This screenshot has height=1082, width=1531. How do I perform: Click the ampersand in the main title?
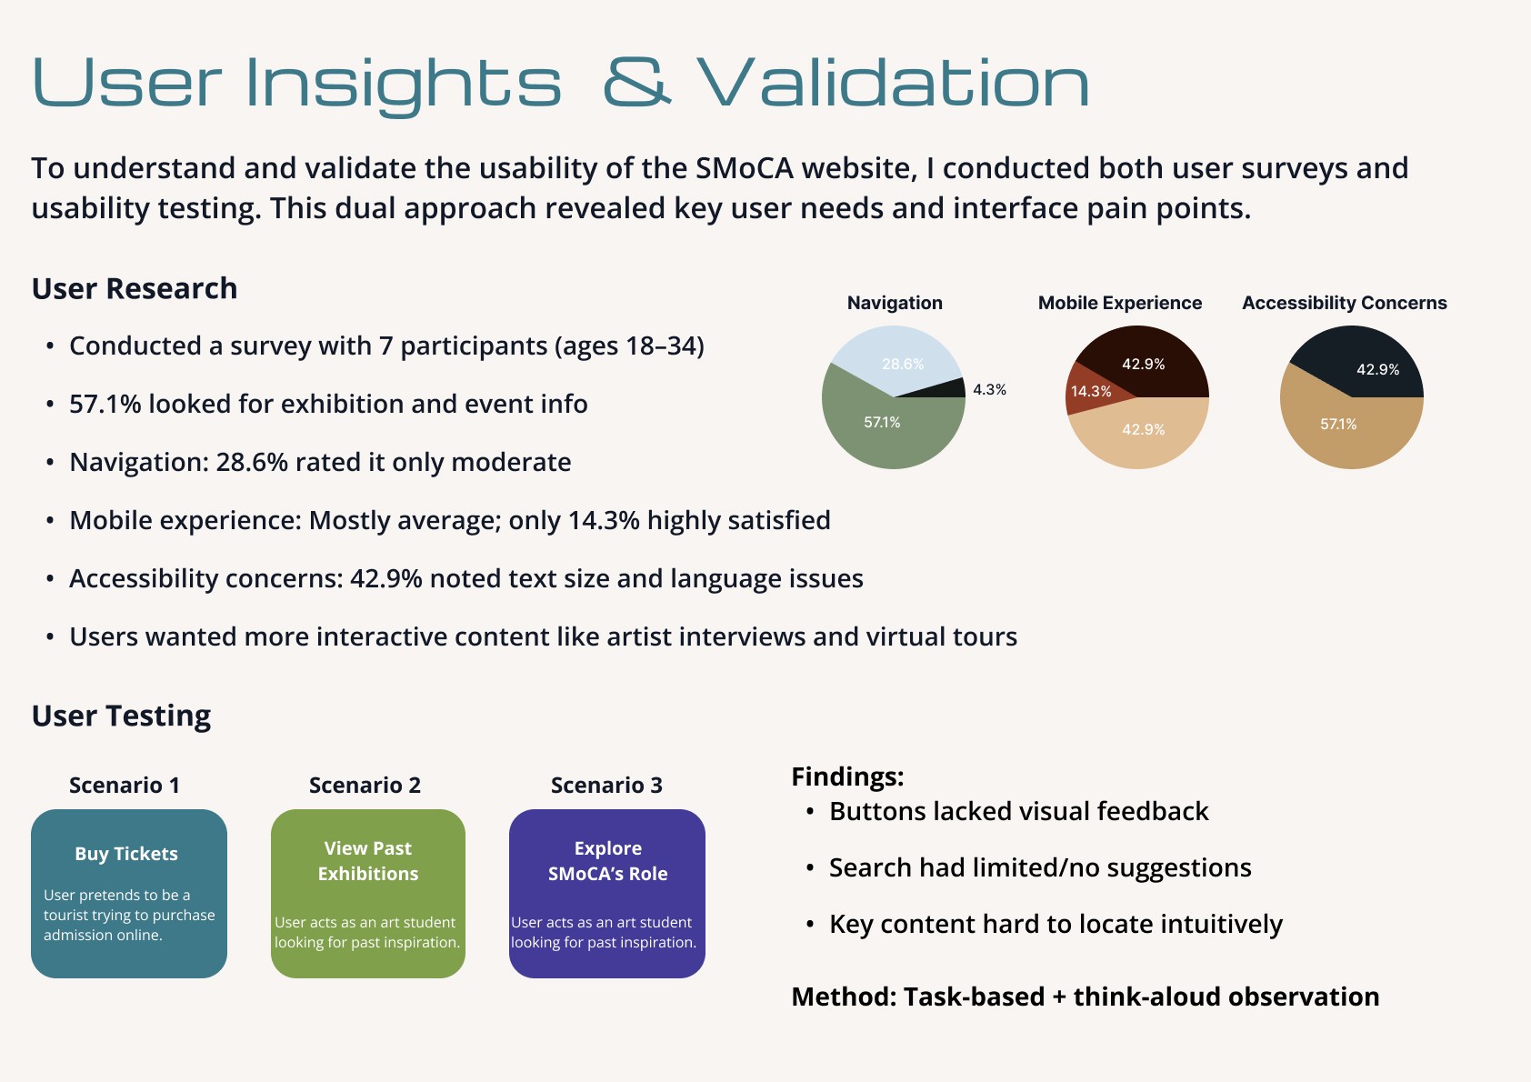pyautogui.click(x=636, y=82)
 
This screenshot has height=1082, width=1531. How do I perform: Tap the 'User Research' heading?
pyautogui.click(x=135, y=288)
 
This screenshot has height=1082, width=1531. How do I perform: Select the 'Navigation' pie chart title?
pyautogui.click(x=895, y=303)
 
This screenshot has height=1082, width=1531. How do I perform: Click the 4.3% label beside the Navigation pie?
pyautogui.click(x=989, y=389)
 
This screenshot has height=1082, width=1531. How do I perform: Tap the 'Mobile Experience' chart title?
pyautogui.click(x=1119, y=303)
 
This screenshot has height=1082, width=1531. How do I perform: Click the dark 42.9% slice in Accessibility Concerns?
pyautogui.click(x=1367, y=362)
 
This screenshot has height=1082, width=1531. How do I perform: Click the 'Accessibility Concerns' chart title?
pyautogui.click(x=1345, y=303)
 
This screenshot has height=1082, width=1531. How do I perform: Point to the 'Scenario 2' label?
pyautogui.click(x=365, y=785)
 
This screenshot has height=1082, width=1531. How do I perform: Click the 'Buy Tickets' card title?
pyautogui.click(x=126, y=854)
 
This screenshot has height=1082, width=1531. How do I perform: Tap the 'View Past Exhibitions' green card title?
pyautogui.click(x=367, y=860)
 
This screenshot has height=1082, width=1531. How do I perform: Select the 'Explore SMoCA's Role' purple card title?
pyautogui.click(x=607, y=860)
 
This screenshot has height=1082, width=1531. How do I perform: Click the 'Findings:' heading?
pyautogui.click(x=847, y=776)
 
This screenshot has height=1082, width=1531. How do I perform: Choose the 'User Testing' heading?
pyautogui.click(x=121, y=716)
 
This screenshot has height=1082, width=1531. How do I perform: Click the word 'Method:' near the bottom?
pyautogui.click(x=844, y=997)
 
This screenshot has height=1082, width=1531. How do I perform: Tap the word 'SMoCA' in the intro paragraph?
pyautogui.click(x=745, y=168)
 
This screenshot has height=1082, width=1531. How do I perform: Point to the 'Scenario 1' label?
pyautogui.click(x=125, y=785)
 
